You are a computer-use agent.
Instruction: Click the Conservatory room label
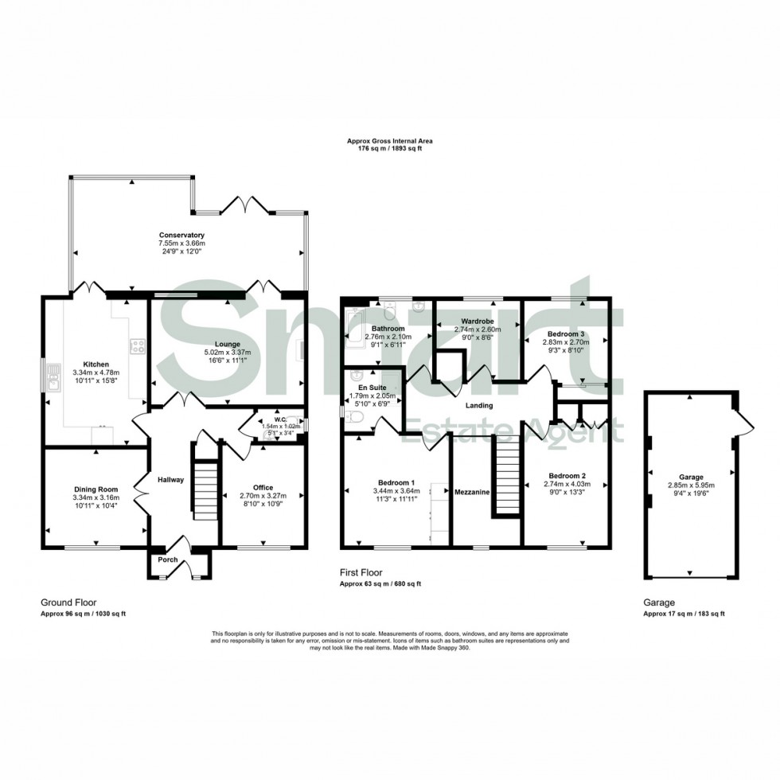coord(181,236)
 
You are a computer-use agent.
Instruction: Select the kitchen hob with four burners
coord(137,346)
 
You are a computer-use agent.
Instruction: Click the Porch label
coord(168,560)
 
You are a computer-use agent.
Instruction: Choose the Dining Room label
coord(96,489)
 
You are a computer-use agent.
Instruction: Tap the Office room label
coord(263,487)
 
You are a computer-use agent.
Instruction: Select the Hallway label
coord(170,480)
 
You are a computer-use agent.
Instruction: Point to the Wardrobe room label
coord(477,322)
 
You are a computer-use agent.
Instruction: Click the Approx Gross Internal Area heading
coord(389,141)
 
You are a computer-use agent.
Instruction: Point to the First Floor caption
coord(361,572)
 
